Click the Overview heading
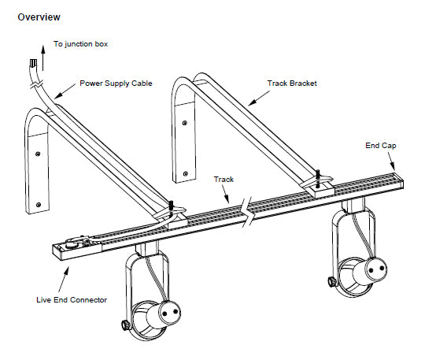[39, 17]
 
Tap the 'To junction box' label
[80, 44]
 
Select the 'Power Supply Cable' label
[116, 84]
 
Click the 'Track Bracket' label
[292, 84]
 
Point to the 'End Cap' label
[381, 146]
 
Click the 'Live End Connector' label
[72, 300]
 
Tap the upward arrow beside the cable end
[42, 58]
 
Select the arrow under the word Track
[225, 194]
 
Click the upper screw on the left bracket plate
[38, 154]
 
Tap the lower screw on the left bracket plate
[39, 205]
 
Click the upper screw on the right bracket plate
[185, 123]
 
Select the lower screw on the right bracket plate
[186, 174]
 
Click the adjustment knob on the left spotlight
[125, 325]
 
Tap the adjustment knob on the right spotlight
[332, 282]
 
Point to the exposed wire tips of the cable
[33, 63]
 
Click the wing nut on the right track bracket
[319, 180]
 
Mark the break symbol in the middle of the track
[247, 212]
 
